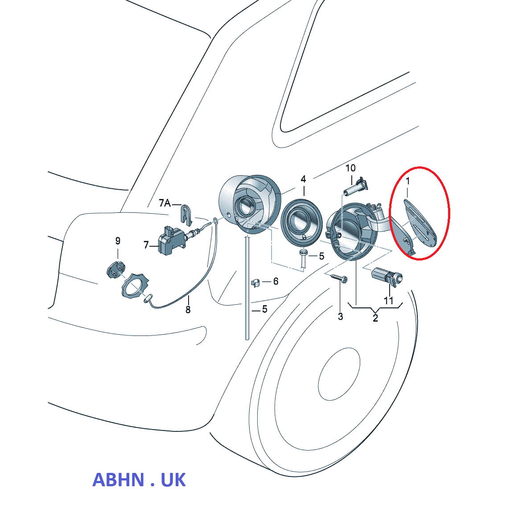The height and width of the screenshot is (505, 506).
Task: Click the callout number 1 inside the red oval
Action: [407, 182]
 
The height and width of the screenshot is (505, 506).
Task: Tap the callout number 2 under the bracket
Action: [375, 318]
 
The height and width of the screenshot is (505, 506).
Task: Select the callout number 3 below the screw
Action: [341, 316]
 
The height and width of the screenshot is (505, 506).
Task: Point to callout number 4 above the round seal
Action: [303, 179]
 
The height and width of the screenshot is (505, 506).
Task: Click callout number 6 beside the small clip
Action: [276, 281]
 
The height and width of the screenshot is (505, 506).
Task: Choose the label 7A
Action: [165, 203]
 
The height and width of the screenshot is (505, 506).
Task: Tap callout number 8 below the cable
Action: [188, 310]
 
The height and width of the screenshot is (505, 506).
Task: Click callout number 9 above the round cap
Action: [118, 241]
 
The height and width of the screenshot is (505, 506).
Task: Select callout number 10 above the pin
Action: [351, 168]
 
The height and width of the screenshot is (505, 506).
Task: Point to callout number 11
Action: [389, 301]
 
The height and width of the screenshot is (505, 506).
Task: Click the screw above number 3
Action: [339, 278]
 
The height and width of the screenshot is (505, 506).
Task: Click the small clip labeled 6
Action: [256, 282]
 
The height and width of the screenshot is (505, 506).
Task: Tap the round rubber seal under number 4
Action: [302, 223]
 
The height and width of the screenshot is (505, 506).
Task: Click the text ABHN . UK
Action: [139, 480]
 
